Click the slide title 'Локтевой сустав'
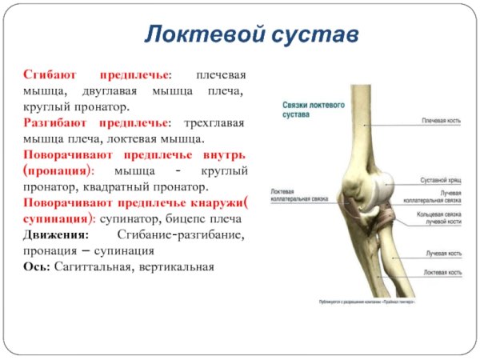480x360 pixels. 250,34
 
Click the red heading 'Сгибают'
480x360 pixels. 50,74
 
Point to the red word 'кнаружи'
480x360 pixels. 210,201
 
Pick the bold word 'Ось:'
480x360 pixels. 37,266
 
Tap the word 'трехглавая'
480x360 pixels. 214,122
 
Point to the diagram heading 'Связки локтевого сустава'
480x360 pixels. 313,110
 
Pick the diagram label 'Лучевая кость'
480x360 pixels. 443,253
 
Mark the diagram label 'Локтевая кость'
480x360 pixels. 442,273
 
